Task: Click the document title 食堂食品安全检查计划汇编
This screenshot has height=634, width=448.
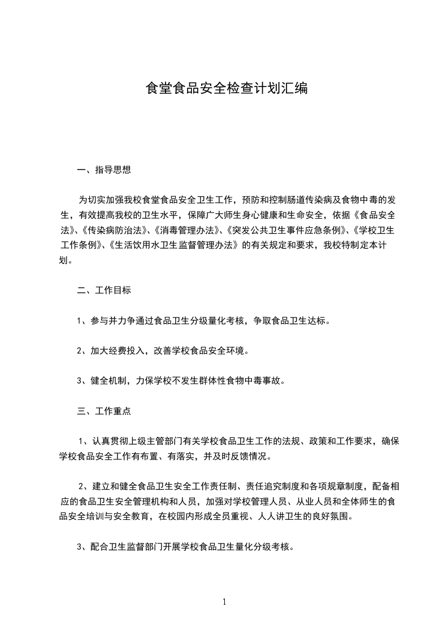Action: point(227,88)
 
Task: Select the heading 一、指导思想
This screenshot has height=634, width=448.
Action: point(104,170)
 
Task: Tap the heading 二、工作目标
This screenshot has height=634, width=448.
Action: point(104,290)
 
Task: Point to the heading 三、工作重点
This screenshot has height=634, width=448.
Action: point(104,411)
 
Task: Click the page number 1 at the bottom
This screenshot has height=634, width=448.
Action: point(224,602)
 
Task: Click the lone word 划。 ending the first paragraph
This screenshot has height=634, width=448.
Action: point(66,260)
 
